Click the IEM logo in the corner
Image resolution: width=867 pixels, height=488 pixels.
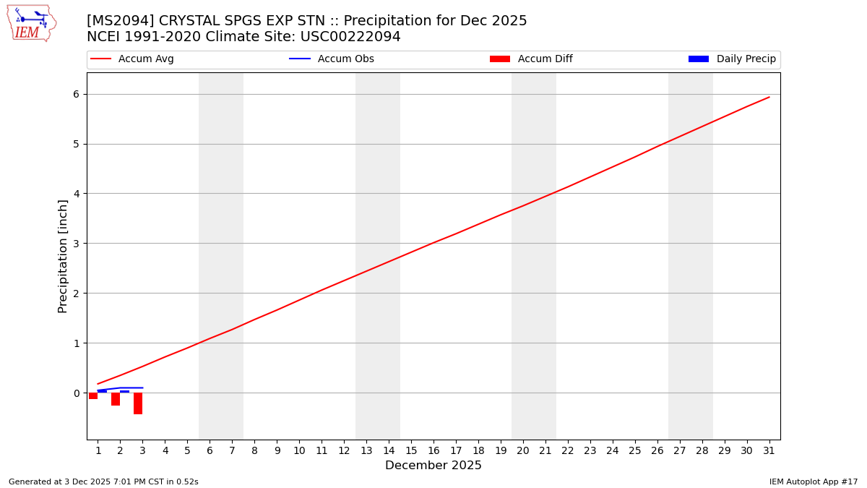(31, 23)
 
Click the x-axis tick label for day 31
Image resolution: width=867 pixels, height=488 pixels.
(769, 451)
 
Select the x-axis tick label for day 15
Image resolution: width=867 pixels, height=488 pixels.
(411, 451)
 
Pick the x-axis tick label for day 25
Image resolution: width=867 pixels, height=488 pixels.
(635, 451)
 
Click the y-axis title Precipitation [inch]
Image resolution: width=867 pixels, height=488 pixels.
(63, 256)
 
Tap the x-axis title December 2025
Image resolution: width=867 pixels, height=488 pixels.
(433, 466)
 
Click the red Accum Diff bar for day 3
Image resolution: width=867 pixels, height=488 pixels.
(138, 403)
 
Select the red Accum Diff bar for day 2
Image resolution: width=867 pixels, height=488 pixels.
(116, 399)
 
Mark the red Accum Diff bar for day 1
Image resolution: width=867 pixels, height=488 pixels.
(93, 396)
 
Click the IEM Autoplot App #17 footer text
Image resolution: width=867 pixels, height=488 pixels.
(814, 481)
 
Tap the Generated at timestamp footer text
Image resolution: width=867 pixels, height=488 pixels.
(103, 481)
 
